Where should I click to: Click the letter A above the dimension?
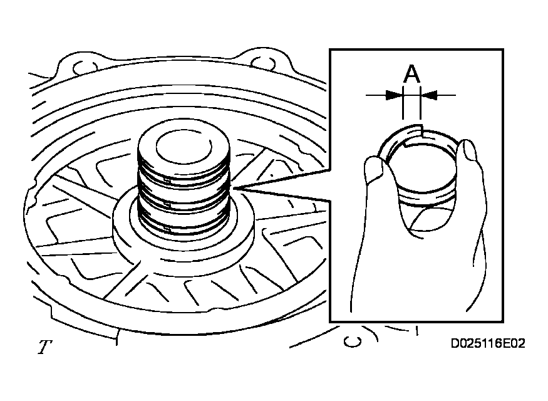[x=411, y=73]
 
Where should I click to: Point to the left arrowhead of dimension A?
[x=394, y=95]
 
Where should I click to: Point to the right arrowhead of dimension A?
[x=429, y=95]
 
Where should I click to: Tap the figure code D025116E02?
[x=488, y=343]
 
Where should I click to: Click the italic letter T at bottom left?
[x=44, y=347]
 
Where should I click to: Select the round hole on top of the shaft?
[x=184, y=147]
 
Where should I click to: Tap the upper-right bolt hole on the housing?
[x=263, y=63]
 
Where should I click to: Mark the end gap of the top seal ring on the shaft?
[x=167, y=180]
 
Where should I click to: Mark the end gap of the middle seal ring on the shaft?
[x=167, y=206]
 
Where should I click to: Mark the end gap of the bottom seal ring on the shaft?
[x=167, y=229]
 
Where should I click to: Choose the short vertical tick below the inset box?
[x=416, y=331]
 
